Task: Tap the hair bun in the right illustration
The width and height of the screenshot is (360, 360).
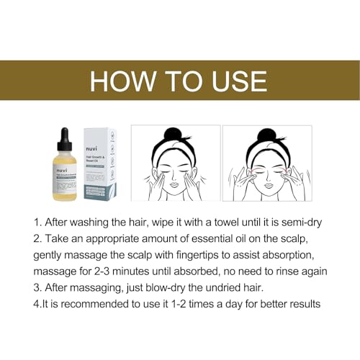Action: pyautogui.click(x=266, y=134)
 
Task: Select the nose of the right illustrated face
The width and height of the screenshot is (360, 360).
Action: pyautogui.click(x=266, y=176)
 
